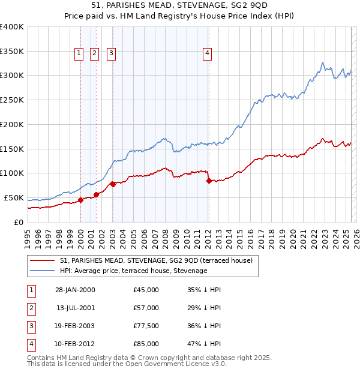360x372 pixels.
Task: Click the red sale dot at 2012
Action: click(209, 180)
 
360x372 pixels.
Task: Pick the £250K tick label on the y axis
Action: click(12, 100)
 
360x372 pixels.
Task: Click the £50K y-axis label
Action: click(14, 197)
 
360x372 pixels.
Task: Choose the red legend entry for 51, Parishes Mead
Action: click(143, 260)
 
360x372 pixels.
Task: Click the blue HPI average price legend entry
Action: click(133, 271)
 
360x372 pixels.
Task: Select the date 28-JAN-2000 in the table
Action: click(75, 290)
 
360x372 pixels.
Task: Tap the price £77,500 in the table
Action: click(146, 326)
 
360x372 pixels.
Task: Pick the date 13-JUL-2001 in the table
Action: click(75, 308)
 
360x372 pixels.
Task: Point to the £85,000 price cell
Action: click(146, 344)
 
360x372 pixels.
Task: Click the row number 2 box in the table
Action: click(30, 308)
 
